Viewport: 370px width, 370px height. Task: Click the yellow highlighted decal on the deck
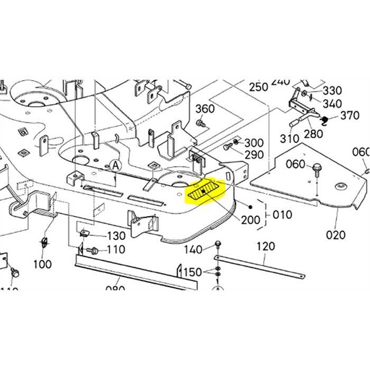(206, 192)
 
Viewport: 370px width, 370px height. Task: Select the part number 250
(258, 87)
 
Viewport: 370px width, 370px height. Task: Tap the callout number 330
(332, 90)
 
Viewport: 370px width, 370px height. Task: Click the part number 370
(350, 116)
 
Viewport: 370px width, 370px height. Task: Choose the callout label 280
(314, 134)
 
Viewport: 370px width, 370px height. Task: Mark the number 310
(289, 139)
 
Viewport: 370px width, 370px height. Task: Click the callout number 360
(205, 109)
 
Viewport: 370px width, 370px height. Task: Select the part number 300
(254, 142)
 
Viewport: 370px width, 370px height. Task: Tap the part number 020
(336, 235)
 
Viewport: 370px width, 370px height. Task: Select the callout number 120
(266, 246)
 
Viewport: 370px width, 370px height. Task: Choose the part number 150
(192, 272)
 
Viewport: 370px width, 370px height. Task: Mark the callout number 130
(116, 236)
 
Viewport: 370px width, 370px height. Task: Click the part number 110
(116, 249)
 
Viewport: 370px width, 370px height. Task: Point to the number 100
(43, 264)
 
